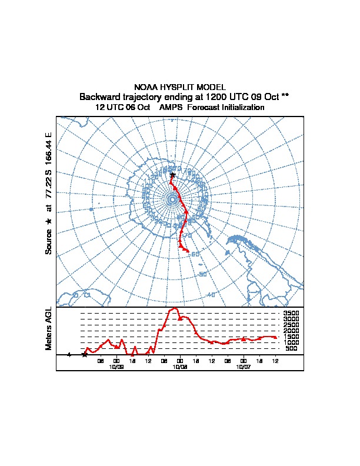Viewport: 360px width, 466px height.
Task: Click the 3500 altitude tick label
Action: click(x=291, y=314)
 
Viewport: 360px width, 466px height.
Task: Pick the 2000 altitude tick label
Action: click(x=291, y=331)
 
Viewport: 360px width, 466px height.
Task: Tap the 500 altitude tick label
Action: click(x=291, y=348)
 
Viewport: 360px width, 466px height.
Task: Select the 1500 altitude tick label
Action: click(x=291, y=337)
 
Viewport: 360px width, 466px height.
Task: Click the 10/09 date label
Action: click(x=116, y=366)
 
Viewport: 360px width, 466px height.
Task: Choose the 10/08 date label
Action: click(x=180, y=366)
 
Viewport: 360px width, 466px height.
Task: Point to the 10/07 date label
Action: click(x=243, y=366)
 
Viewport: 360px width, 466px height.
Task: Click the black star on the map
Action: click(x=173, y=175)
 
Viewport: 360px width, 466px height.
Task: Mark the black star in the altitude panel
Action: click(x=85, y=354)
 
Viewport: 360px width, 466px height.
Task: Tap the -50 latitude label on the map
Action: click(x=203, y=274)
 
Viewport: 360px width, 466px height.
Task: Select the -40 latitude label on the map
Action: click(x=211, y=294)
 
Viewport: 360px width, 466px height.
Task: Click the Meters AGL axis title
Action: click(x=49, y=329)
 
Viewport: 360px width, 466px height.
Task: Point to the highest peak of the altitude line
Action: click(x=175, y=308)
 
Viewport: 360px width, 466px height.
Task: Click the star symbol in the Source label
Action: click(x=49, y=221)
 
